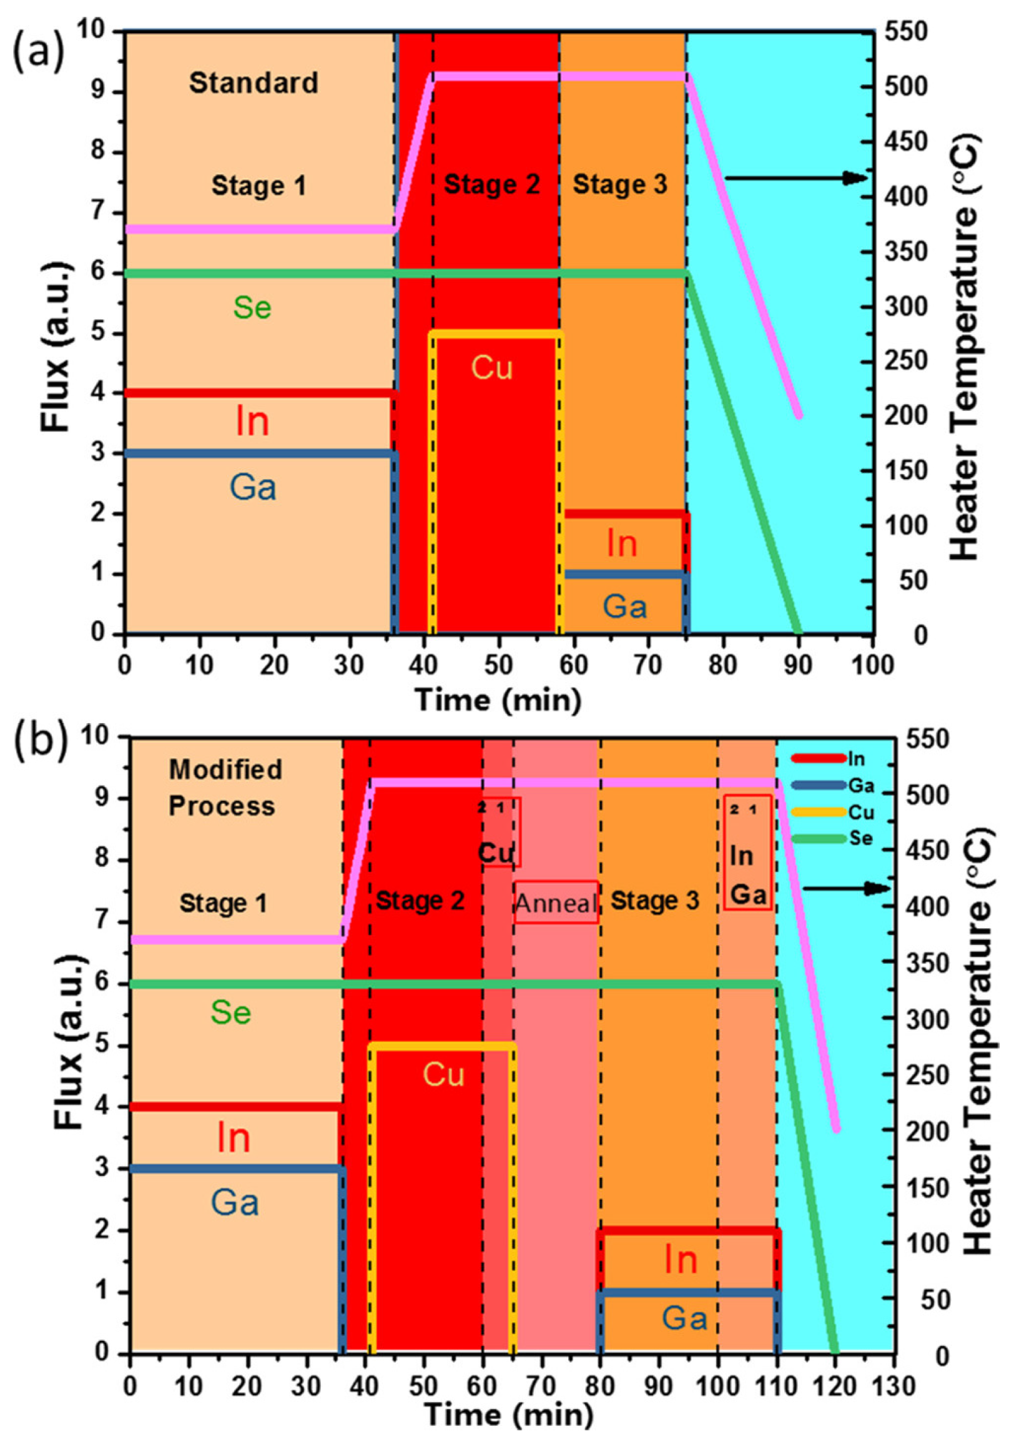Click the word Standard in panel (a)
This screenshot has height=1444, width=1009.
click(x=253, y=83)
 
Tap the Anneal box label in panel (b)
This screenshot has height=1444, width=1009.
click(x=556, y=903)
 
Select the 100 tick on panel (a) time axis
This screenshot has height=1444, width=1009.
click(x=873, y=665)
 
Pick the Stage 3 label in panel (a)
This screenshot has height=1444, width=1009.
click(x=619, y=185)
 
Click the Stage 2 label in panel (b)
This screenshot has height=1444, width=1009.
click(x=420, y=901)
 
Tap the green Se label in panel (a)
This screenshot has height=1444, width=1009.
click(x=252, y=307)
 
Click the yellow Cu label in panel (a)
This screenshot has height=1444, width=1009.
click(x=492, y=368)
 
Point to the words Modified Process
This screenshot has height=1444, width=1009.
click(x=224, y=788)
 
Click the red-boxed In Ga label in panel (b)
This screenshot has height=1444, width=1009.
click(x=747, y=876)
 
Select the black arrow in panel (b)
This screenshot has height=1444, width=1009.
click(x=845, y=888)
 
